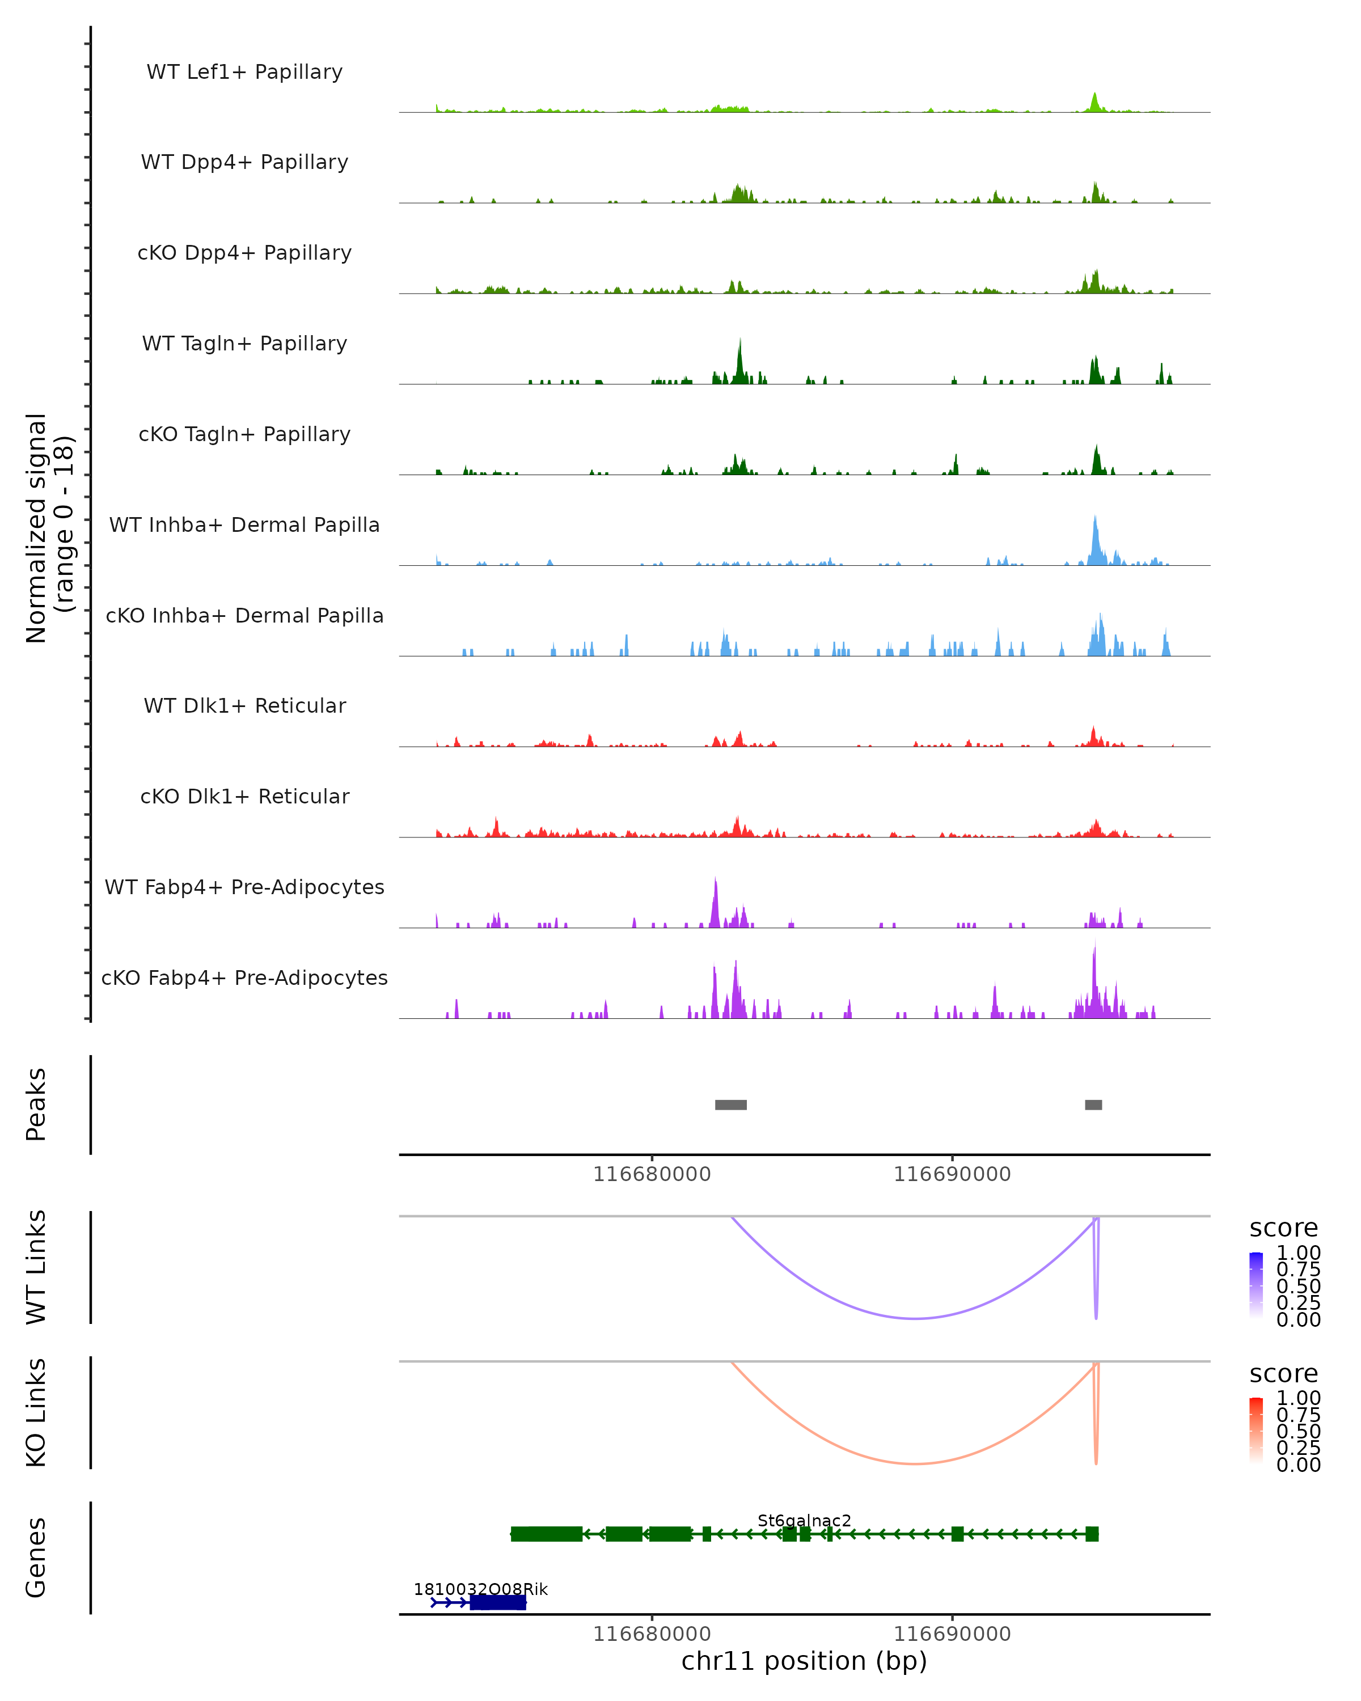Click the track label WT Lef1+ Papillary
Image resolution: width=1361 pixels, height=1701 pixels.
tap(244, 72)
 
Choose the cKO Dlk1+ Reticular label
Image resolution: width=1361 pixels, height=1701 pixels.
tap(244, 796)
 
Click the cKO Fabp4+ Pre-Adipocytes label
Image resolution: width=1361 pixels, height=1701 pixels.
tap(244, 978)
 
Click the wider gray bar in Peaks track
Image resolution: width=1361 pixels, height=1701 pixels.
tap(730, 1105)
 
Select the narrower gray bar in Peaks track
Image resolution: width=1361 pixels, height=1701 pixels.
tap(1093, 1105)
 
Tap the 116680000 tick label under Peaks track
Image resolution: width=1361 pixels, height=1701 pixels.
tap(652, 1174)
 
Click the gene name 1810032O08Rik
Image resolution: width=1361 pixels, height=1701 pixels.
tap(480, 1589)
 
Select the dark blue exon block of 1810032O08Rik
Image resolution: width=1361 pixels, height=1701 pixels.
tap(498, 1602)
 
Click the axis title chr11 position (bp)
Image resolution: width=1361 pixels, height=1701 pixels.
tap(804, 1661)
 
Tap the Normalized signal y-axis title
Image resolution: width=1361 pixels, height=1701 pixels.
tap(49, 528)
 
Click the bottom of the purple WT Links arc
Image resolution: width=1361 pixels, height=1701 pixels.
tap(915, 1318)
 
